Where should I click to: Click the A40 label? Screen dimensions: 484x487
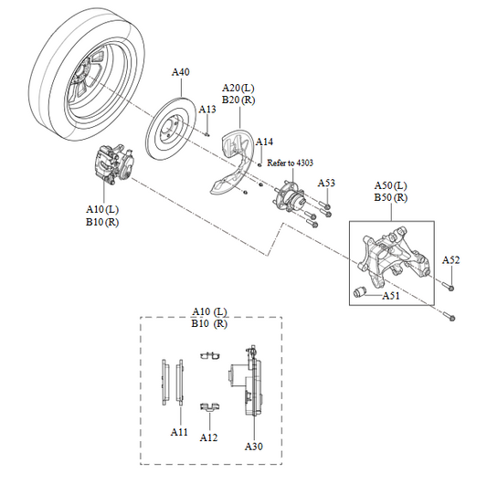[181, 71]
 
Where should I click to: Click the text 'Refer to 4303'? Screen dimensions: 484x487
[290, 163]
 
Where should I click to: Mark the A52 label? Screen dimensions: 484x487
[450, 260]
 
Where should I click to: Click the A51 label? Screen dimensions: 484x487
[391, 296]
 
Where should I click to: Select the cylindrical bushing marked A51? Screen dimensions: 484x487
[362, 292]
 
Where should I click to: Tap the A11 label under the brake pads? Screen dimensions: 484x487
[179, 430]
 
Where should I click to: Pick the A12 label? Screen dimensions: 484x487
[209, 437]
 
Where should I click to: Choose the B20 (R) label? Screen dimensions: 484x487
[238, 100]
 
